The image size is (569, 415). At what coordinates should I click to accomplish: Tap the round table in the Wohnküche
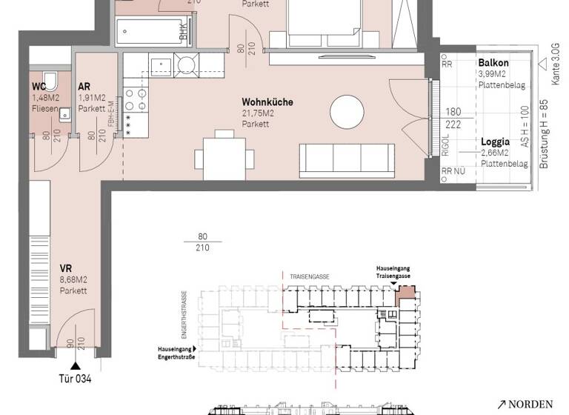(x=347, y=112)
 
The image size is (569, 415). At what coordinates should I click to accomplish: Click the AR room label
(x=84, y=86)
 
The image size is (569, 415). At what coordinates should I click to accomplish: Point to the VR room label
(x=66, y=268)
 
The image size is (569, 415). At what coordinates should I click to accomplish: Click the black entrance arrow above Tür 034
(x=74, y=365)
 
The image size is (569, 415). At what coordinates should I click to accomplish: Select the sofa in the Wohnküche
(x=345, y=156)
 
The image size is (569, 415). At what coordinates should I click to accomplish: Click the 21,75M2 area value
(x=259, y=113)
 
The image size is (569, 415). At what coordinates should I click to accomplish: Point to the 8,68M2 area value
(x=73, y=279)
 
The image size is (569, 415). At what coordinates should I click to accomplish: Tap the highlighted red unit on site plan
(x=405, y=297)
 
